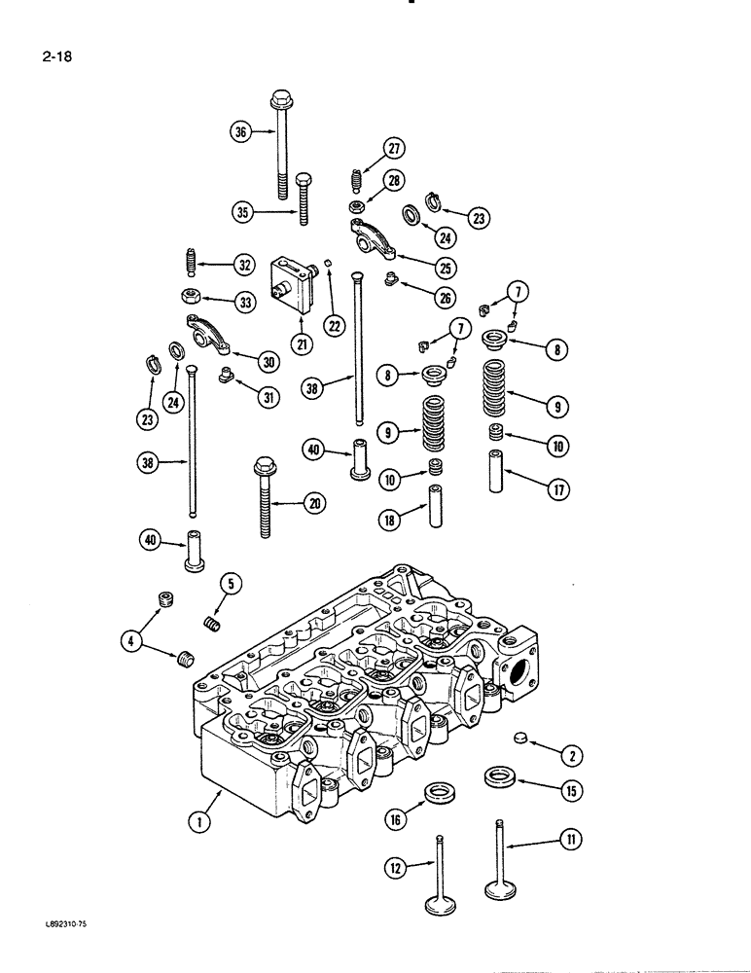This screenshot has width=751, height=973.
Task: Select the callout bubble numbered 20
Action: coord(313,503)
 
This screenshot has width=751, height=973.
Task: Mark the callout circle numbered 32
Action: coord(243,264)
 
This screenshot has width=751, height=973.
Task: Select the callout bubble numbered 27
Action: coord(394,149)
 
